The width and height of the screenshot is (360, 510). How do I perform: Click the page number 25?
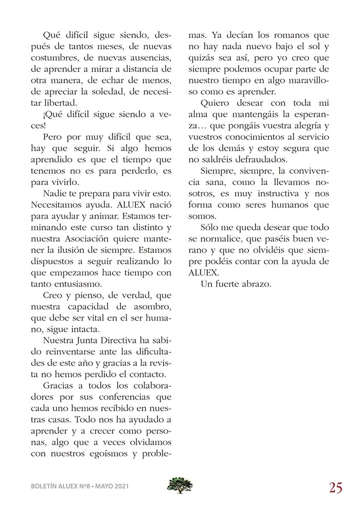(x=336, y=487)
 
